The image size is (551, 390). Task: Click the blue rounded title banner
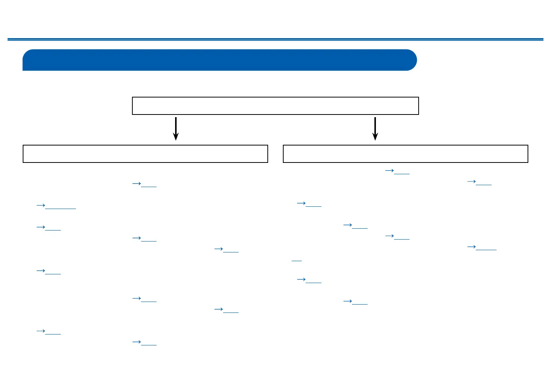click(219, 60)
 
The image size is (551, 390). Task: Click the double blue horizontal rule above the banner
click(275, 39)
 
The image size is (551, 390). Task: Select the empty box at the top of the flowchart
click(275, 106)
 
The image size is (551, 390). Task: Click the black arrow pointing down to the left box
click(176, 128)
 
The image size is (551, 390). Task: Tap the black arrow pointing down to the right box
click(375, 128)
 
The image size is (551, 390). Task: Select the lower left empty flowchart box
click(145, 154)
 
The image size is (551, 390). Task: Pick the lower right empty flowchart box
click(405, 154)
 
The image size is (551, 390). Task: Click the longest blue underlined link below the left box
click(57, 206)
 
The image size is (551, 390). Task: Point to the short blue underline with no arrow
click(297, 260)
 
